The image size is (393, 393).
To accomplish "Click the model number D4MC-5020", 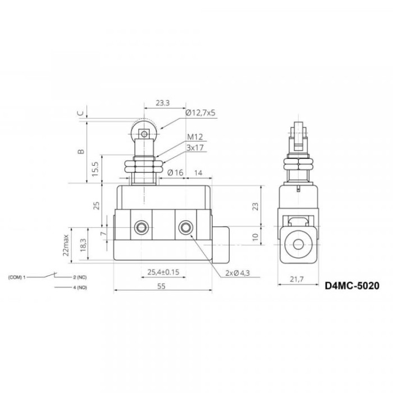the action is tap(352, 286).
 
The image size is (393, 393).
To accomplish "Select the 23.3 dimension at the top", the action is tap(163, 103).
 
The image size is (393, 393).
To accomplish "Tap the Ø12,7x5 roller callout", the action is tap(200, 113).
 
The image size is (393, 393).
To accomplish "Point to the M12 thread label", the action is tap(195, 137).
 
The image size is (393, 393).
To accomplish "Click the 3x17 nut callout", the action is tap(195, 147).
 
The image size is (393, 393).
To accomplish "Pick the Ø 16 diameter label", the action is tap(175, 173).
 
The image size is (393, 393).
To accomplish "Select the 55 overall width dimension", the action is tap(162, 286).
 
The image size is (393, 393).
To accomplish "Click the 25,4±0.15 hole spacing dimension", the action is tap(163, 272).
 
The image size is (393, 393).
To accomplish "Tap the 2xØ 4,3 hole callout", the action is tap(237, 273).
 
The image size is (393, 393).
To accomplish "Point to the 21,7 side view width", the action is tap(297, 279).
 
